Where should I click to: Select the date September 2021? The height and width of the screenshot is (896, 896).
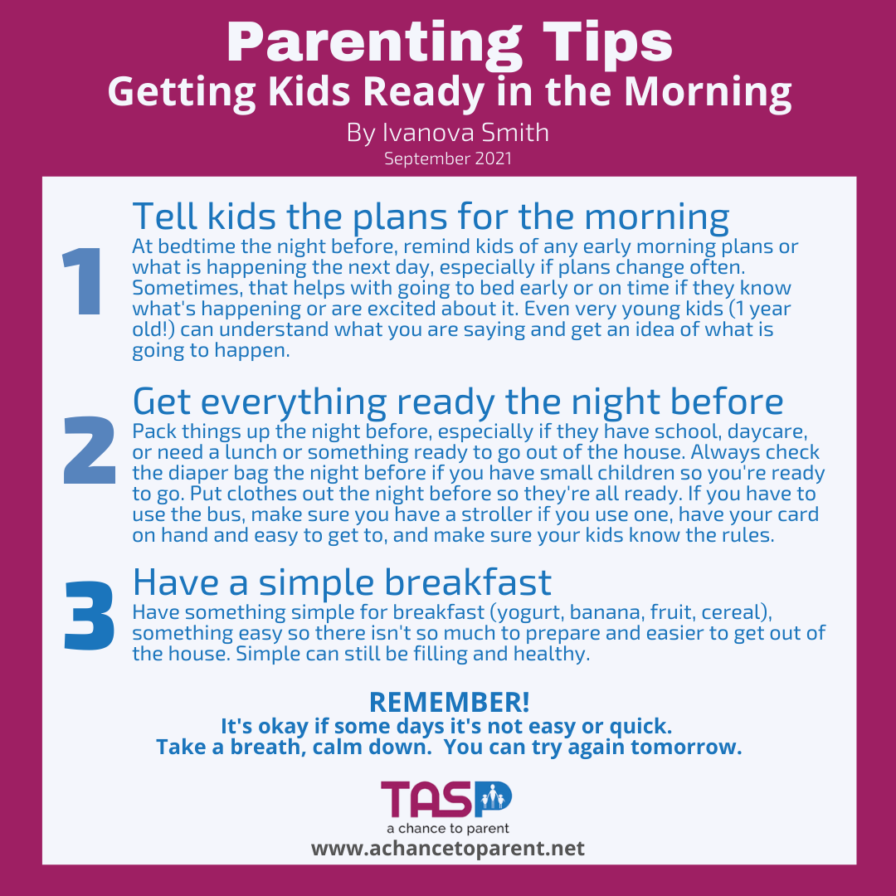[x=448, y=158]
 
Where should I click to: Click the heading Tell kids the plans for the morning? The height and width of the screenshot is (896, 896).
[x=431, y=217]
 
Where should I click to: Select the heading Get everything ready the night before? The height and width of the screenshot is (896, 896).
[x=458, y=402]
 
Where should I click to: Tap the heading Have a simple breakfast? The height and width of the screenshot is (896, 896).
[x=342, y=582]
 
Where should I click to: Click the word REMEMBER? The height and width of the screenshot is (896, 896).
[x=449, y=702]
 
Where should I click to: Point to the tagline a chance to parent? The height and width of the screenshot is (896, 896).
[x=448, y=828]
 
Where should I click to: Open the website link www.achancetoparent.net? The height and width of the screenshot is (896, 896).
[x=448, y=849]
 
